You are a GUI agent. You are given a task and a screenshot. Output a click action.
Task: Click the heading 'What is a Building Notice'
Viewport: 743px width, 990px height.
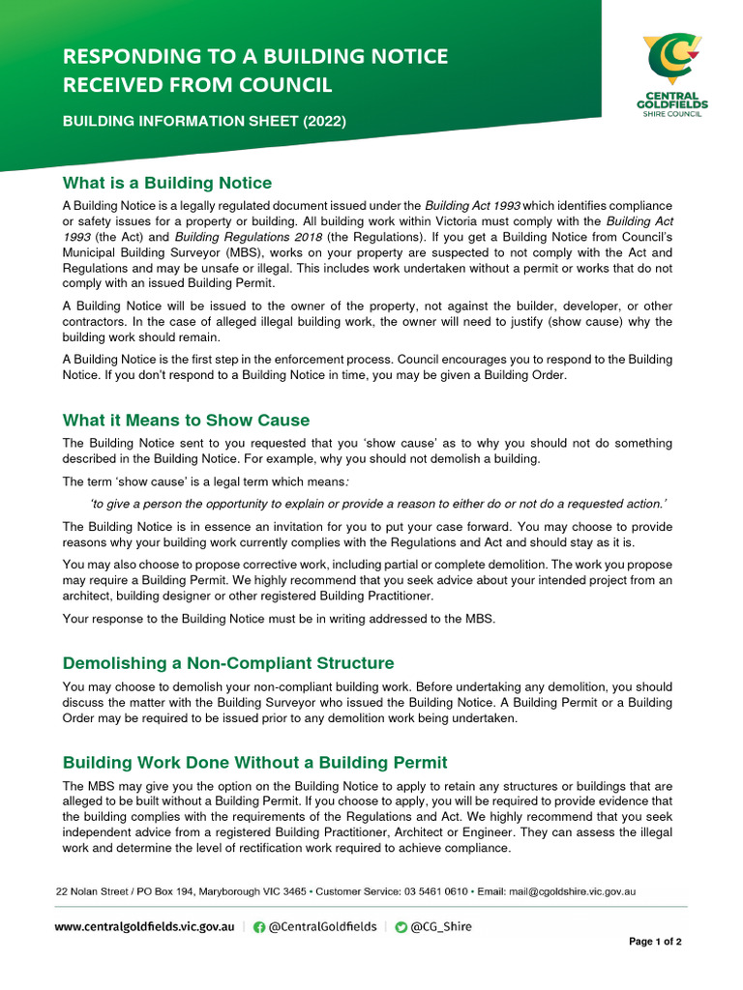click(166, 183)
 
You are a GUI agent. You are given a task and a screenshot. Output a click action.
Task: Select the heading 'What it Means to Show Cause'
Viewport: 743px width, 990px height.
click(186, 420)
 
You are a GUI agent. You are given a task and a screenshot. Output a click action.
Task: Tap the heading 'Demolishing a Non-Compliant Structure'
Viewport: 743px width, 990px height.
click(228, 663)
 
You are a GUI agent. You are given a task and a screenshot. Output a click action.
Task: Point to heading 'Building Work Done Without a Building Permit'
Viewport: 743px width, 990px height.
click(254, 763)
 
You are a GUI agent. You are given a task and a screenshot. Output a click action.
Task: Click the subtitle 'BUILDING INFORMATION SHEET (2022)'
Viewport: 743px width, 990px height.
click(203, 122)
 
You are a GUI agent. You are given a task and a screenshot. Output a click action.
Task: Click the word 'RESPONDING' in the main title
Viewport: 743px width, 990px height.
click(132, 56)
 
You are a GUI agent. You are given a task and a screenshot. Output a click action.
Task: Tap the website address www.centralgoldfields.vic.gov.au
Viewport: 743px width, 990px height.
click(144, 926)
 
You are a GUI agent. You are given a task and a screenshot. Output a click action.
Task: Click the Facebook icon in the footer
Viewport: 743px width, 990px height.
click(259, 926)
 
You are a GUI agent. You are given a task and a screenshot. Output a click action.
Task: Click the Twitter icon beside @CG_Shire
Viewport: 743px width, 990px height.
click(401, 926)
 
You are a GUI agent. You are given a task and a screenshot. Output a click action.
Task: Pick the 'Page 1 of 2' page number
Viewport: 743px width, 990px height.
click(655, 942)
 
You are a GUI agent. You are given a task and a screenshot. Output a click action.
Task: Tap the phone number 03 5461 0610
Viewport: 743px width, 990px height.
click(431, 890)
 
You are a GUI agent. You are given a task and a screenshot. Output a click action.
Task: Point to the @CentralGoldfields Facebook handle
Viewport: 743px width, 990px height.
click(322, 926)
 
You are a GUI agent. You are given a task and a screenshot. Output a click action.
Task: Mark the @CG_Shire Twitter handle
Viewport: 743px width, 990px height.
click(441, 926)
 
